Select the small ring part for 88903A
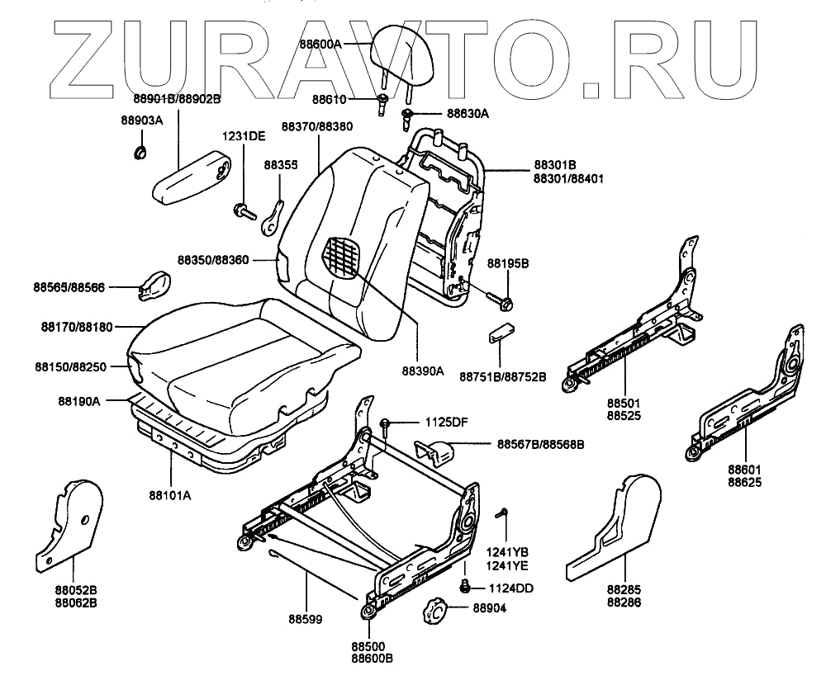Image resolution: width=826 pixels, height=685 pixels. [x=140, y=151]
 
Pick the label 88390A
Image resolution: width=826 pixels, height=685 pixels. [x=422, y=371]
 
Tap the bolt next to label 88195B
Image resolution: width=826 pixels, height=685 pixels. [x=501, y=298]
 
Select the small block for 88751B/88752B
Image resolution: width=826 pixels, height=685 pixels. [x=502, y=334]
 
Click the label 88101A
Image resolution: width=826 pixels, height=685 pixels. [x=170, y=495]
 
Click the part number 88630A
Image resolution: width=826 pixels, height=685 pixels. [x=468, y=114]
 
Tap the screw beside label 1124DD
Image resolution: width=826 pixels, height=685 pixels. [x=465, y=587]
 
